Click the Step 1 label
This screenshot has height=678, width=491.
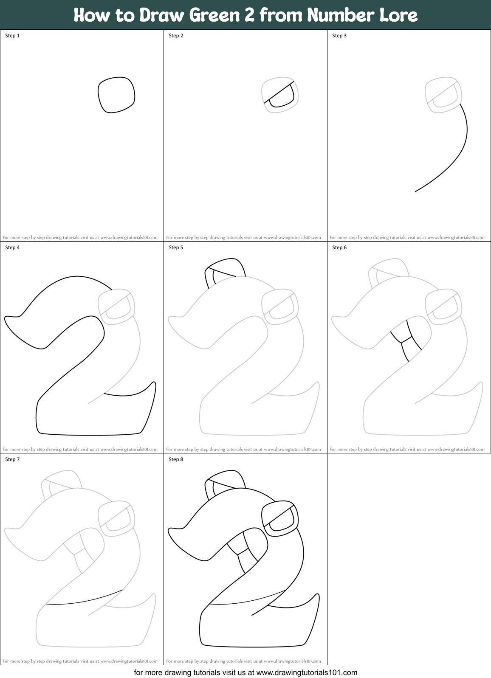coord(12,36)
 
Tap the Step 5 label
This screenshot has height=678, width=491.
coord(176,248)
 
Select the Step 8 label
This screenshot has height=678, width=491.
coord(176,459)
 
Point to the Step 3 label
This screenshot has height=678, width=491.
coord(339,36)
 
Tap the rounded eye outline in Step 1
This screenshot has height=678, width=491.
coord(116,95)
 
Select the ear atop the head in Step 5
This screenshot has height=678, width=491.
coord(225,272)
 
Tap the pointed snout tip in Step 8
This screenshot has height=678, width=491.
coord(171,530)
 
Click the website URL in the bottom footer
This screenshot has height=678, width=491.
coord(307,672)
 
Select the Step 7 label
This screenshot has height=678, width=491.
coord(12,459)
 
